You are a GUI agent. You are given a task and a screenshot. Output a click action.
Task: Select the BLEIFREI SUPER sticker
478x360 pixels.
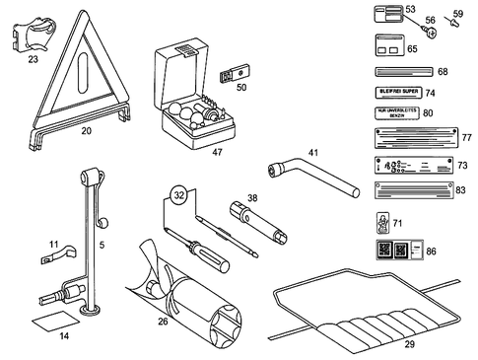(401, 93)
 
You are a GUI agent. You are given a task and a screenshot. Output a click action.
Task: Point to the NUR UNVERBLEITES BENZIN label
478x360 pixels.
(401, 113)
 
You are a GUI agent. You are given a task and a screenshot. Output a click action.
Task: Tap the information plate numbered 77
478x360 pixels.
(409, 139)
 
